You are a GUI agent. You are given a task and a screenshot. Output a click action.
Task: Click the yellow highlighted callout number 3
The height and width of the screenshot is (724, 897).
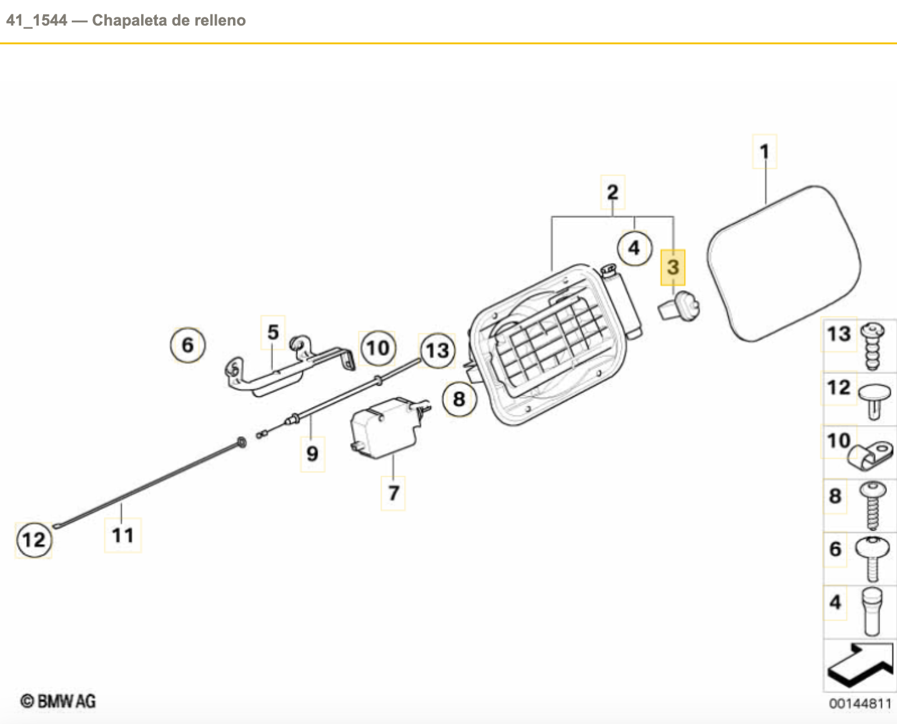pos(673,267)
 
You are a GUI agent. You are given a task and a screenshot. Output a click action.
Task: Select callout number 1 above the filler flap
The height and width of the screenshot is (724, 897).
pos(764,152)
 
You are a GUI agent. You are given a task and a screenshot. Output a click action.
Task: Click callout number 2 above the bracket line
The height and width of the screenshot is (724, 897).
pos(612,192)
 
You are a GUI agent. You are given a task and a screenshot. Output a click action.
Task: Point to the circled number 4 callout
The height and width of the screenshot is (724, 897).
pos(634,248)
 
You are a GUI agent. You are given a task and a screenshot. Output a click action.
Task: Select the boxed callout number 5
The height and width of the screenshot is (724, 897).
pos(273,332)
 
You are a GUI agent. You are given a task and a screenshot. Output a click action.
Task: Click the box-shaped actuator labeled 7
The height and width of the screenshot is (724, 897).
pos(384,428)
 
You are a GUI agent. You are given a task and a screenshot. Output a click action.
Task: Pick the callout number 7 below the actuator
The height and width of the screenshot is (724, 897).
pos(393,493)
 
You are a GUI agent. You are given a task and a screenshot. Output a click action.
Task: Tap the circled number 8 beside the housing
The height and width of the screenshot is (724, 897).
pos(459,399)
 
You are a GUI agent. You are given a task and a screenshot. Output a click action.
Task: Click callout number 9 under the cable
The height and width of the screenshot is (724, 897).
pos(312,454)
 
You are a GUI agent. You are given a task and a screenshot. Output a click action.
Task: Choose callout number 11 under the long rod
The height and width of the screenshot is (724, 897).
pos(122,535)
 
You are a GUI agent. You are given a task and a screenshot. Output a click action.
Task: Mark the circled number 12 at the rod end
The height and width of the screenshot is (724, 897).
pos(34,539)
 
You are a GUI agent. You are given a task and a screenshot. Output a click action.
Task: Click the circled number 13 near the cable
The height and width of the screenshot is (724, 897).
pos(437,350)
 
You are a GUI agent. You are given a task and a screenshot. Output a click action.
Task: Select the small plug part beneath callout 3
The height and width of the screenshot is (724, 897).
pos(678,308)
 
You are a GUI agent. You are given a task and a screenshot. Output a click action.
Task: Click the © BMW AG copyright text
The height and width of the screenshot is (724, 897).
pos(58,701)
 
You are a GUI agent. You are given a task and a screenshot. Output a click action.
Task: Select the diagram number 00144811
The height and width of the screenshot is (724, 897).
pos(860,703)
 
